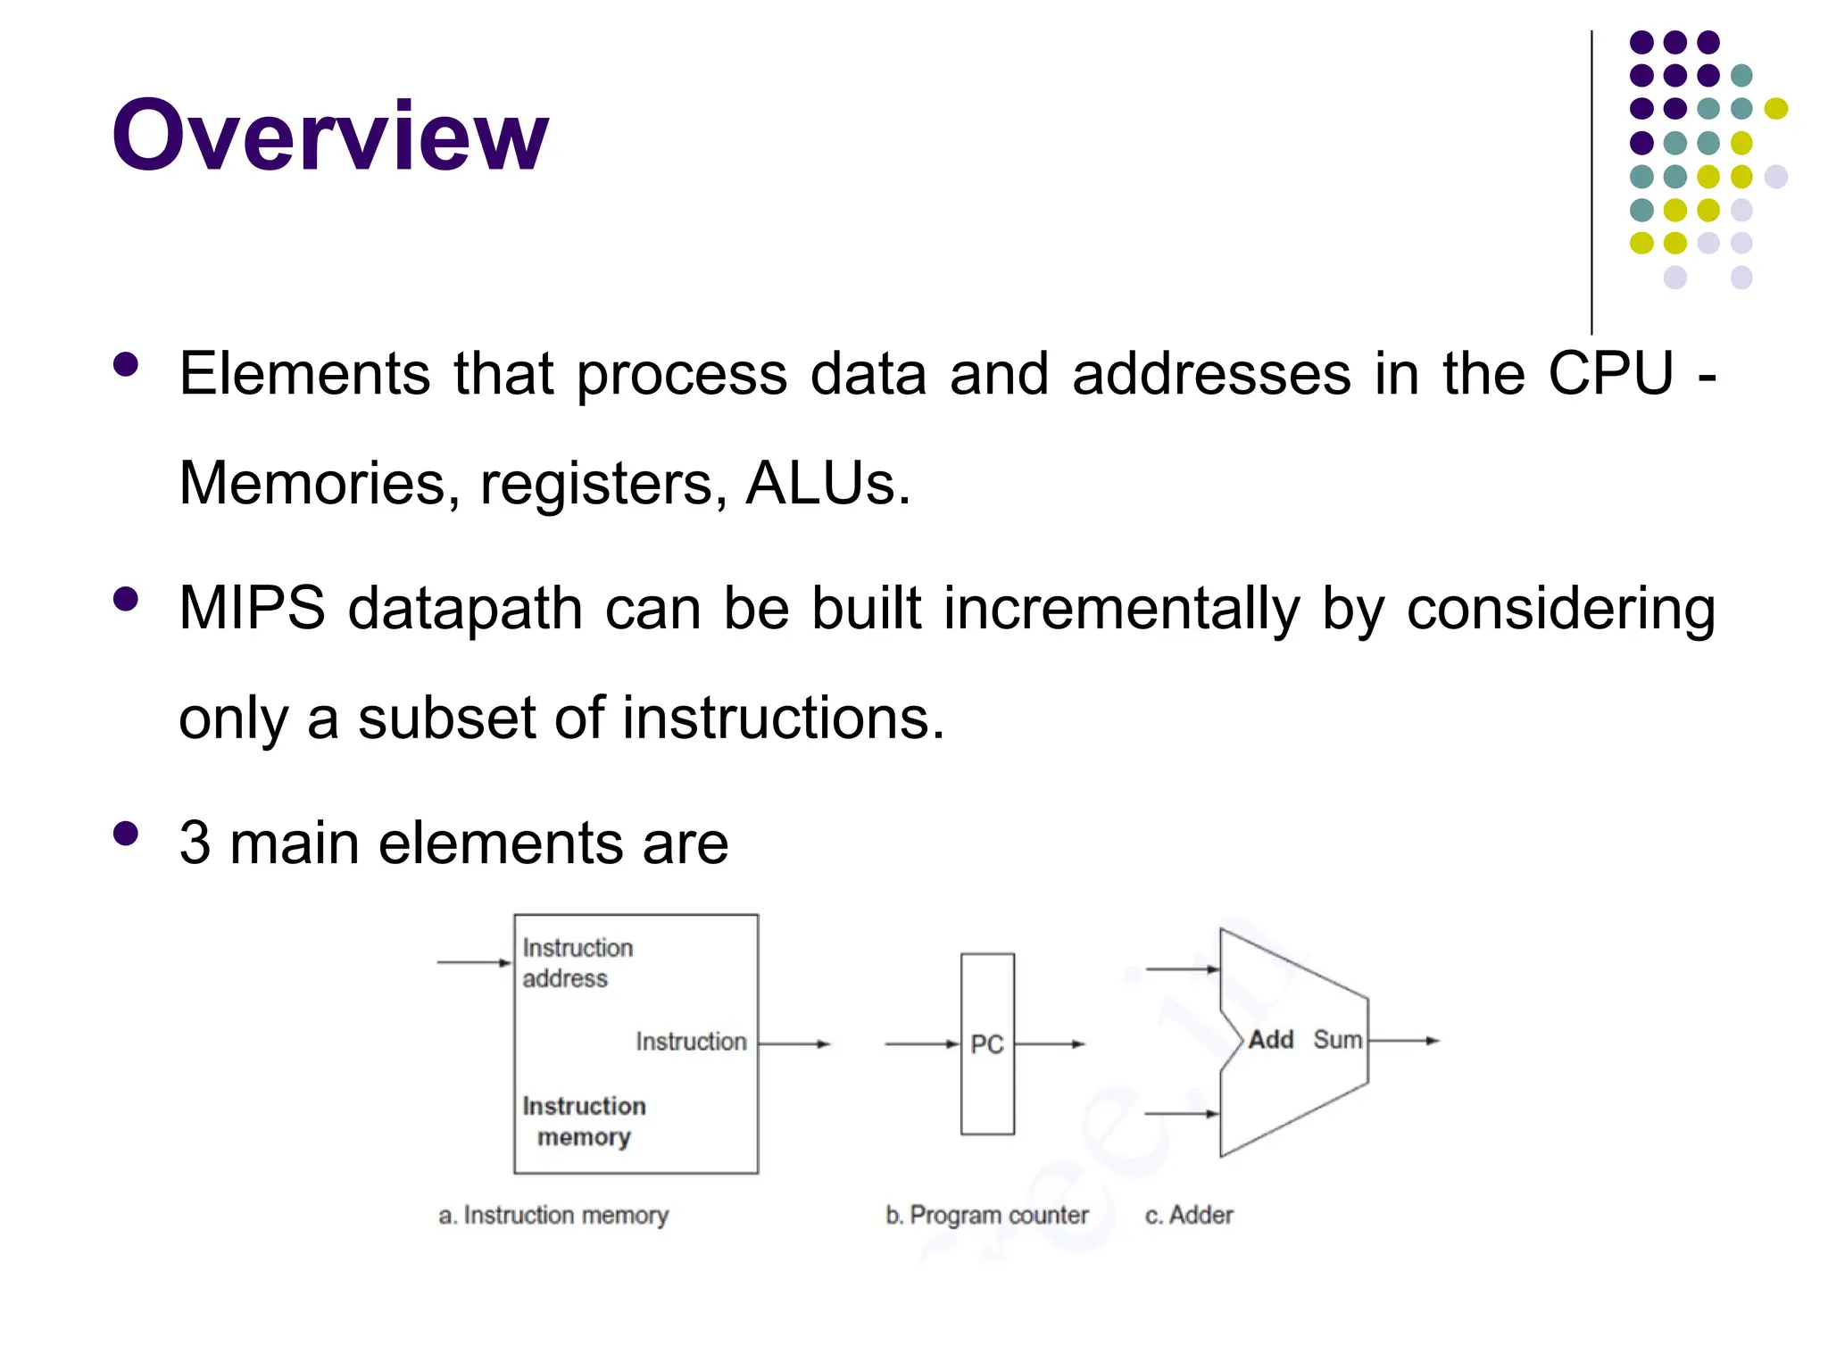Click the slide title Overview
[329, 136]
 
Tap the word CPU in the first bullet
[1610, 373]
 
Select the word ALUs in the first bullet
[827, 483]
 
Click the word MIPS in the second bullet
[252, 608]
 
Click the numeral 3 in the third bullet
[195, 843]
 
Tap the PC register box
[987, 1043]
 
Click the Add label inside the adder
[1270, 1040]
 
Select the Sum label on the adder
[1337, 1040]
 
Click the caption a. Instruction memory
[553, 1215]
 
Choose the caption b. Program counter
[986, 1215]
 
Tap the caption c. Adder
[1189, 1215]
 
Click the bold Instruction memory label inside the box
[584, 1121]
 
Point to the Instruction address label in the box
[577, 963]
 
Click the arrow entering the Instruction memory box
[473, 962]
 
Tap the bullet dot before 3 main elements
[126, 834]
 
